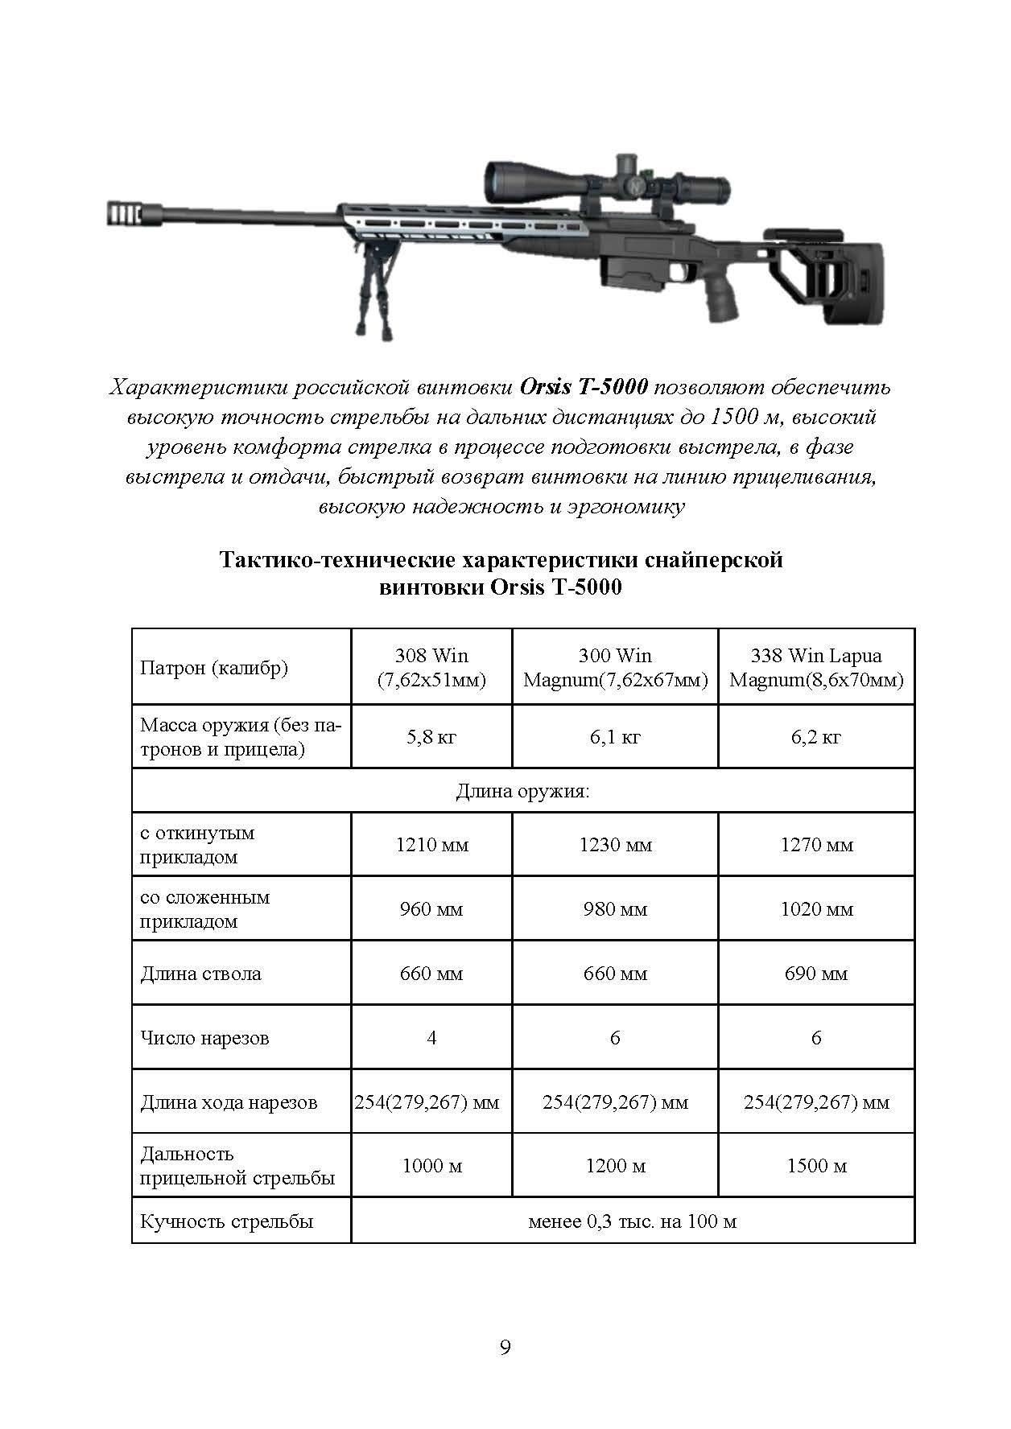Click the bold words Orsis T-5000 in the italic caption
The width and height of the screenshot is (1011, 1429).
[584, 387]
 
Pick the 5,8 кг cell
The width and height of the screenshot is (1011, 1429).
[431, 737]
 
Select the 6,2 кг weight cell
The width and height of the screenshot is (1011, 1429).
[815, 737]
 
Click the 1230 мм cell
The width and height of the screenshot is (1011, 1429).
[615, 845]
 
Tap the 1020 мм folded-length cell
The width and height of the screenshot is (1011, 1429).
[815, 909]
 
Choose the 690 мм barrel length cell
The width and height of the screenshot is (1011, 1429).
[815, 974]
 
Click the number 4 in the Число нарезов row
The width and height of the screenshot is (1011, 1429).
[431, 1038]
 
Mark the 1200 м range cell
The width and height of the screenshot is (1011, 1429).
[615, 1166]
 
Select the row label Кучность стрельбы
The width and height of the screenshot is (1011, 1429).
[226, 1221]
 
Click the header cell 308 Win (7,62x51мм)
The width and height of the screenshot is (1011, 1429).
[431, 668]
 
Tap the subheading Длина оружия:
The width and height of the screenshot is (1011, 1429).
[522, 792]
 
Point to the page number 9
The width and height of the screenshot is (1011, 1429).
[505, 1347]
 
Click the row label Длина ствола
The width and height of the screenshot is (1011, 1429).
[200, 974]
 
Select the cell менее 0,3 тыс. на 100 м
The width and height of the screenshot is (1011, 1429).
[632, 1221]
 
